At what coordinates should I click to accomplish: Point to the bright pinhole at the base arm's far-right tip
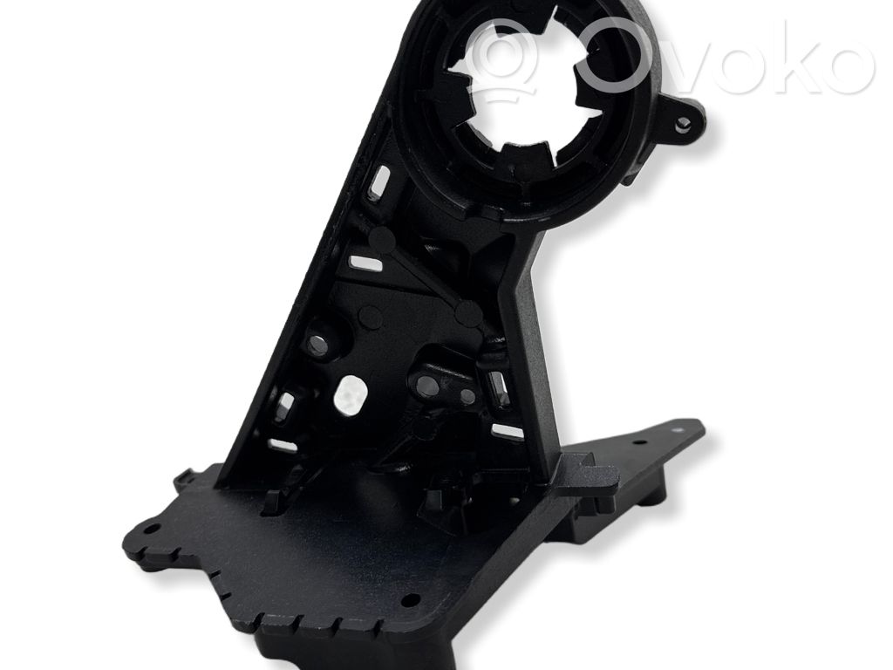tap(678, 429)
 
